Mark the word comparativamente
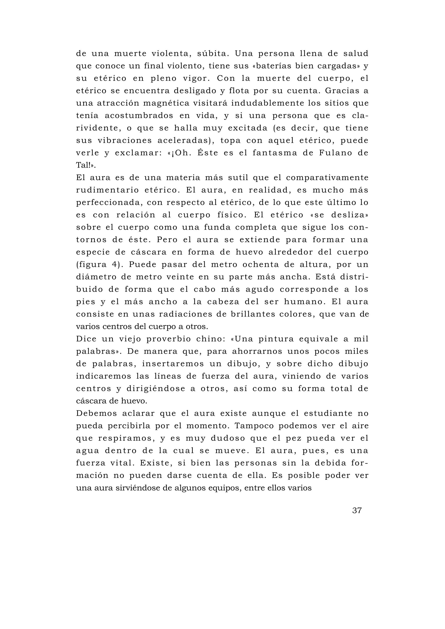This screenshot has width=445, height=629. click(x=327, y=178)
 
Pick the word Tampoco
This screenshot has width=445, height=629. click(x=254, y=426)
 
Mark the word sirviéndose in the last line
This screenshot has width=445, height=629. click(x=138, y=488)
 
